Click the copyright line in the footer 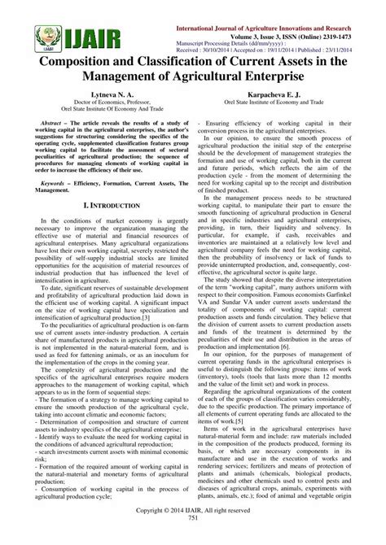tap(193, 528)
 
